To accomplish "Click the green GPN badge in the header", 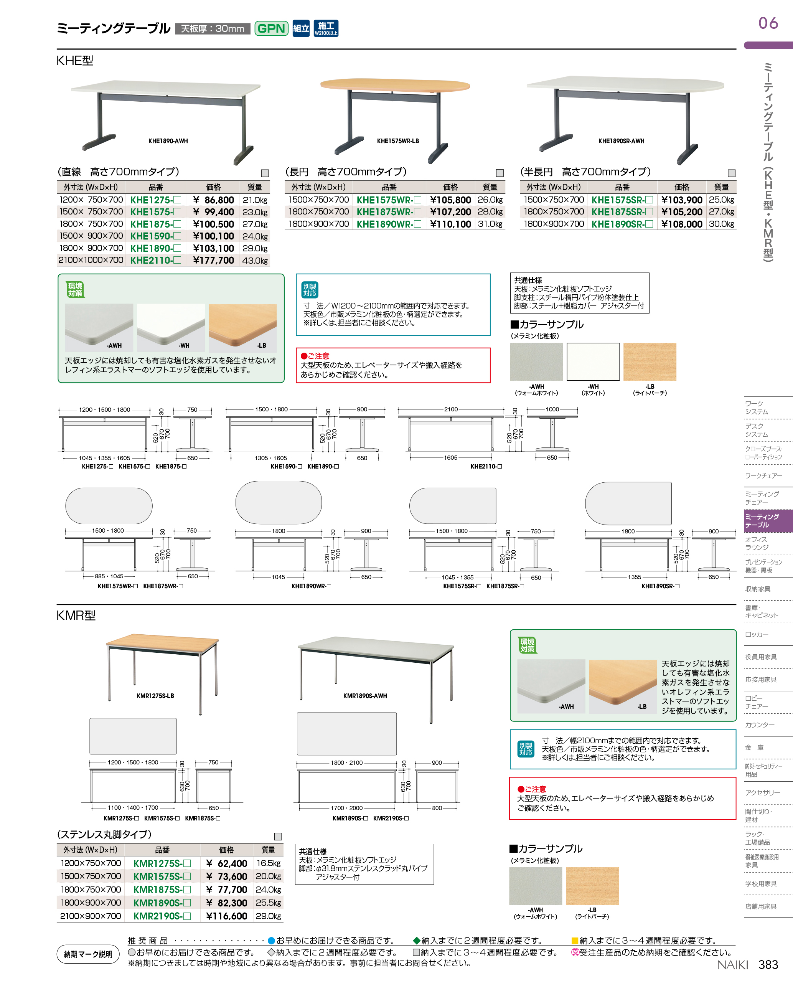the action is (x=271, y=28).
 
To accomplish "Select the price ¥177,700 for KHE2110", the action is (x=213, y=261).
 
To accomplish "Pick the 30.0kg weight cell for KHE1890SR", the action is (x=721, y=224).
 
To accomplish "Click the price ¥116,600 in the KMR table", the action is (x=227, y=916).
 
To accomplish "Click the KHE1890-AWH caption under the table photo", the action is (x=168, y=141).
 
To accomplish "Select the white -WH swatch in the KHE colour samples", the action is (x=593, y=361).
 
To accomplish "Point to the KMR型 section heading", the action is (x=76, y=615).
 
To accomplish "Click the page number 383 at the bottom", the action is (x=768, y=964).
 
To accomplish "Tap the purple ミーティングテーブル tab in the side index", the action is (x=767, y=520).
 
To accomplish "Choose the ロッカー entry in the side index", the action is (x=757, y=634).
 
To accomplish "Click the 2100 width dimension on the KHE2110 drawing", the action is (x=451, y=409).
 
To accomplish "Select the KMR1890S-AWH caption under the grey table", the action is (x=365, y=696).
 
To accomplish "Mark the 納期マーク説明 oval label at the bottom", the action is (x=88, y=954).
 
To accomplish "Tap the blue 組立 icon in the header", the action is (x=301, y=28).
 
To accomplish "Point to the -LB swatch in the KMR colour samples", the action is (x=592, y=886).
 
